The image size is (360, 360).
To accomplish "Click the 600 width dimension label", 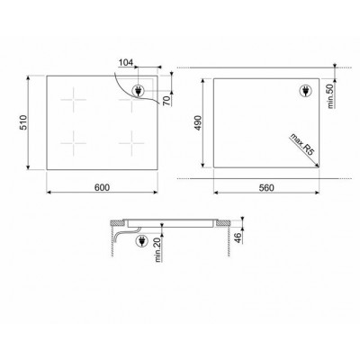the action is pos(103,187).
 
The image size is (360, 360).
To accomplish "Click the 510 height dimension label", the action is pos(23,122).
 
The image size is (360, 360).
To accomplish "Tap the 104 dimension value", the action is pos(126,63).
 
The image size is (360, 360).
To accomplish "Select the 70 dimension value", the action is pos(166,100).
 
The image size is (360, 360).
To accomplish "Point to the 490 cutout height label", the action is pos(198,123).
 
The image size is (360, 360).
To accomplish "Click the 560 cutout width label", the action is pos(266,188).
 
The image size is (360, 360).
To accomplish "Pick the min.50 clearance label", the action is pos(331,96).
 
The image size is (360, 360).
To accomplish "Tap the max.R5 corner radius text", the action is pos(301,145).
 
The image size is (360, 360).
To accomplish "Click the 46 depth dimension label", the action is pos(238,238).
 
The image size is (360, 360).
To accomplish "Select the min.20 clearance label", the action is pos(158,251).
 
